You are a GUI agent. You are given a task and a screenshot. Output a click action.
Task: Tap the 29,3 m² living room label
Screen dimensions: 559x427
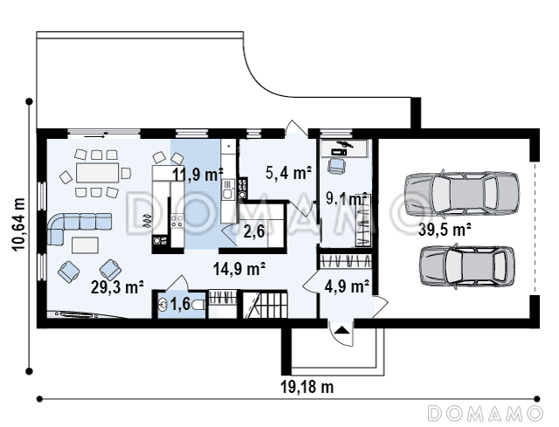(x=117, y=287)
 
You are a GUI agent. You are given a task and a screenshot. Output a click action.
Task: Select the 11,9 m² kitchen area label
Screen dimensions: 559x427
(x=198, y=175)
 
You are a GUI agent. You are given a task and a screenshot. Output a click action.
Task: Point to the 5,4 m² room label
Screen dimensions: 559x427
(x=289, y=173)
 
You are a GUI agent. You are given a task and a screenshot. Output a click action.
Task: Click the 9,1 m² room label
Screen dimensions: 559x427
(x=347, y=198)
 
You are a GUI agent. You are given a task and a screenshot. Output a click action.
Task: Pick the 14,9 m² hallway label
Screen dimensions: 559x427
(x=239, y=269)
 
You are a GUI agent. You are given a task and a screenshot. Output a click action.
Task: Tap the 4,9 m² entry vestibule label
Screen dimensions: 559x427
(x=347, y=286)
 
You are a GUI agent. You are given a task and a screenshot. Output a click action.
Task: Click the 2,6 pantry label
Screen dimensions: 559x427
(x=254, y=231)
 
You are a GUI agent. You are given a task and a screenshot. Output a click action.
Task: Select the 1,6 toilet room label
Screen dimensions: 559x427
(x=181, y=304)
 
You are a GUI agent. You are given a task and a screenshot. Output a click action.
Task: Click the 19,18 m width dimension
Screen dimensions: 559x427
(x=307, y=387)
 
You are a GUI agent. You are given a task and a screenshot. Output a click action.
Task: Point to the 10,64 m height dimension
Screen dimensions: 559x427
(x=19, y=224)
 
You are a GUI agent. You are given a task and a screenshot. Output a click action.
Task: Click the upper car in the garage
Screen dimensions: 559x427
(x=462, y=194)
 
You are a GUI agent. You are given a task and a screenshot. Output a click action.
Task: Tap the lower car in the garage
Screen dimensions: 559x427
(x=467, y=266)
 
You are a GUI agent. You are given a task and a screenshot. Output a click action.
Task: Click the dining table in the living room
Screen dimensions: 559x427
(x=97, y=173)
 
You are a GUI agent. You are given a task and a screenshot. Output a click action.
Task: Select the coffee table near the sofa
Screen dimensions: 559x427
(x=86, y=245)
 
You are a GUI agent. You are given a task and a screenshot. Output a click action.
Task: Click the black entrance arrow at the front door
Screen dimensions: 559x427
(x=342, y=330)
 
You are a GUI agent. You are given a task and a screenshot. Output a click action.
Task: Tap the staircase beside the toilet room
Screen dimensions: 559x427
(x=265, y=304)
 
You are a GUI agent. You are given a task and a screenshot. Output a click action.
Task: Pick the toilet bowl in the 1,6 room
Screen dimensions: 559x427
(x=198, y=305)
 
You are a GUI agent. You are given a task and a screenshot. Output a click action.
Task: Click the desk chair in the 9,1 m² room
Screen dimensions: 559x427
(x=336, y=165)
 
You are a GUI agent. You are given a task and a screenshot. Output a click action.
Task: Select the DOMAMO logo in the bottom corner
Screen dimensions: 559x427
(x=486, y=413)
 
